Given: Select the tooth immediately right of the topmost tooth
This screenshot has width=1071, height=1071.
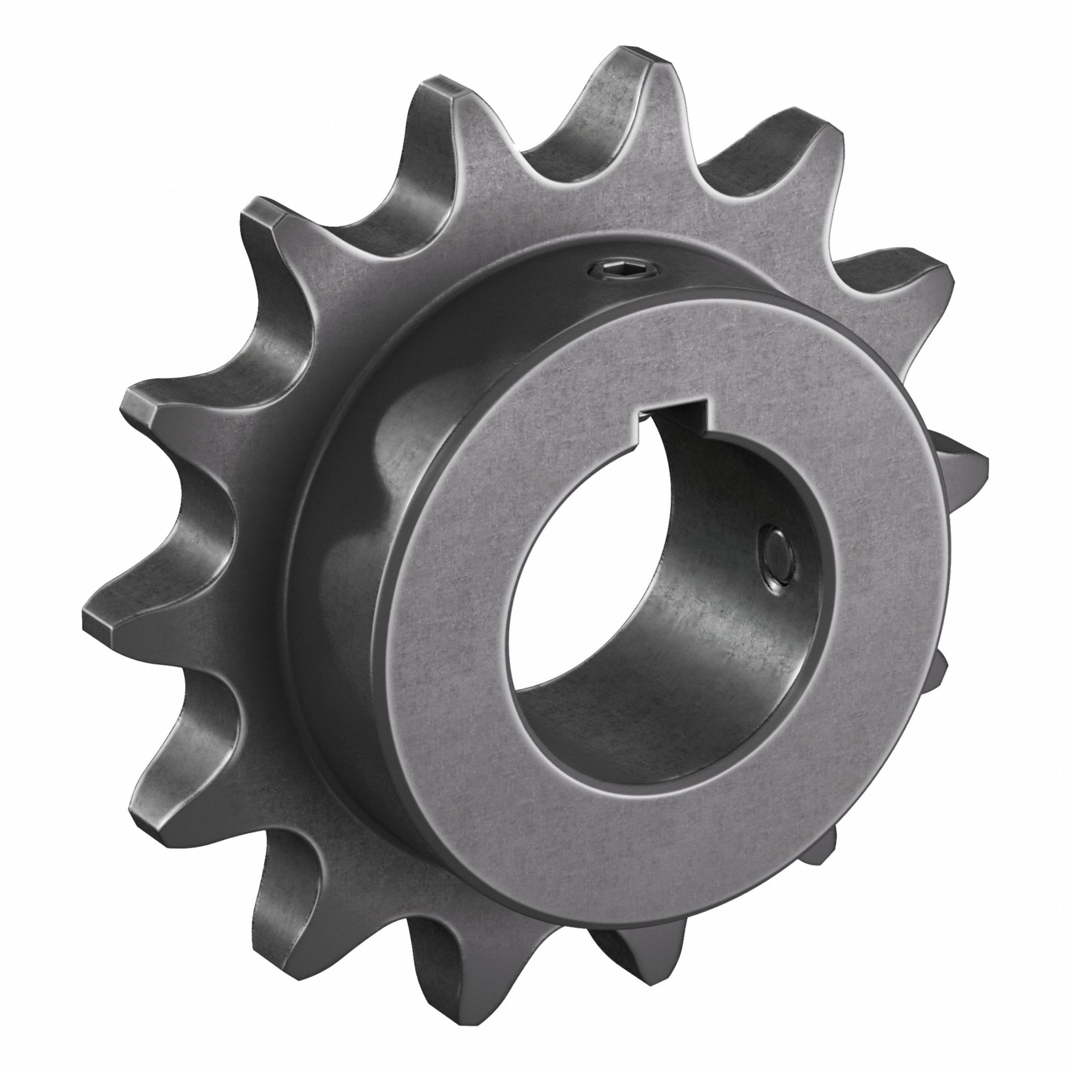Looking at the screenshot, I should pyautogui.click(x=798, y=133).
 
